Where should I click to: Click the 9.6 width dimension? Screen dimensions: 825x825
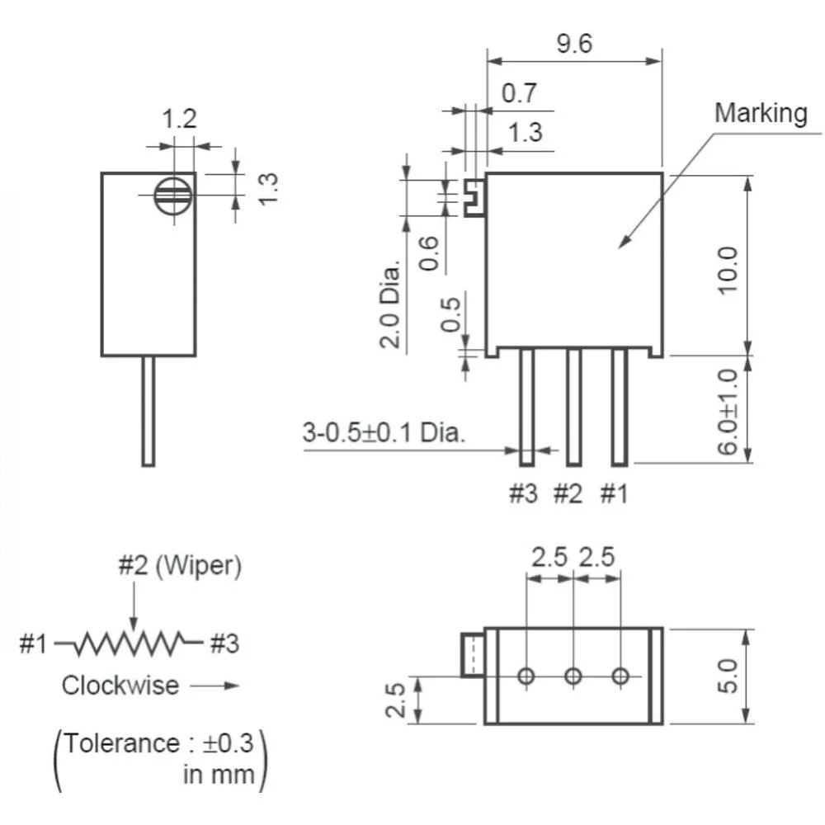[x=574, y=43]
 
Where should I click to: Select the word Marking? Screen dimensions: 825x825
[x=761, y=112]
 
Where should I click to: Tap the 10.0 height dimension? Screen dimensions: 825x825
[x=728, y=269]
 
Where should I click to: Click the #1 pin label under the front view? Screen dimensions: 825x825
[x=614, y=493]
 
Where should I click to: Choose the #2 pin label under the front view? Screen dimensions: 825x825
[x=568, y=493]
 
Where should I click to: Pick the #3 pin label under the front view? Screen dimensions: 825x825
[x=522, y=493]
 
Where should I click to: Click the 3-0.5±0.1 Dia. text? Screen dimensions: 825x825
[x=384, y=432]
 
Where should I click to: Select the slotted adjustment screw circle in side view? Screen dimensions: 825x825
[x=173, y=196]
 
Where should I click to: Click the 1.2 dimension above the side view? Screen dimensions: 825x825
[x=179, y=120]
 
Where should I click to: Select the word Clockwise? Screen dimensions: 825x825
[x=120, y=685]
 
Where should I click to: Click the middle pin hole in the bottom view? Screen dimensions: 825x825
[x=573, y=676]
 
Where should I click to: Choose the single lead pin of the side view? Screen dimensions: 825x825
[x=148, y=410]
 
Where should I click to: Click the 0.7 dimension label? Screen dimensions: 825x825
[x=520, y=92]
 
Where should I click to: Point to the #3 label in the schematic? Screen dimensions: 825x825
[x=224, y=643]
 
